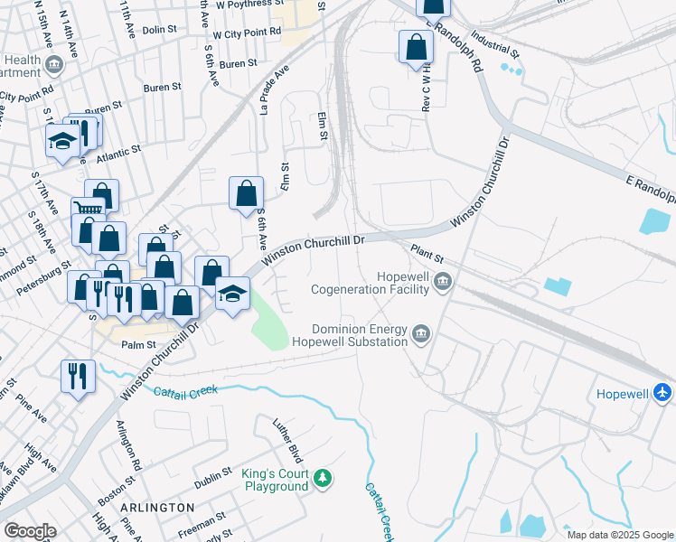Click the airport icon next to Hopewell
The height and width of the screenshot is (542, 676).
click(x=662, y=394)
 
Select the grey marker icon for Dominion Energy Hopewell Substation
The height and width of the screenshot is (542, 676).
click(x=421, y=335)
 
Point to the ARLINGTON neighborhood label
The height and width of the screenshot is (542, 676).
click(x=156, y=508)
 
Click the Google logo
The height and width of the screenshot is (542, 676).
click(x=30, y=531)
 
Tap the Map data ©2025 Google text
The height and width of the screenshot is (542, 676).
click(x=620, y=535)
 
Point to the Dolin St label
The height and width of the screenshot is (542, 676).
click(x=159, y=30)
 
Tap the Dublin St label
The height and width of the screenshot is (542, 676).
click(x=213, y=477)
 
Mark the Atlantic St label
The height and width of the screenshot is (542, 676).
click(x=124, y=151)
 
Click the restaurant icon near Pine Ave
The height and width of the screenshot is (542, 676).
click(x=78, y=374)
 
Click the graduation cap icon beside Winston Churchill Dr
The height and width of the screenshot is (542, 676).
click(x=232, y=292)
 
